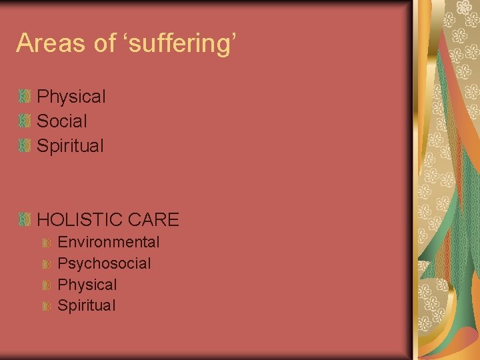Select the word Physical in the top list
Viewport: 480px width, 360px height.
tap(71, 97)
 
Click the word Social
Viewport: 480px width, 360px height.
tap(62, 121)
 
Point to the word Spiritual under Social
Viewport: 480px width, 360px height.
tap(71, 146)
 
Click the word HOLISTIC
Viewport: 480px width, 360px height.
tap(80, 219)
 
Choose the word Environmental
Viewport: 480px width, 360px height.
tap(109, 242)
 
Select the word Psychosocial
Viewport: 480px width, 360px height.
tap(105, 263)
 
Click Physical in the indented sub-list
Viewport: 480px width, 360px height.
tap(87, 285)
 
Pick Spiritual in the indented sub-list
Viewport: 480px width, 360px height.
tap(87, 306)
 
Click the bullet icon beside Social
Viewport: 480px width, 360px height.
tap(25, 121)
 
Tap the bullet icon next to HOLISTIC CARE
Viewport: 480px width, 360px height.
tap(25, 219)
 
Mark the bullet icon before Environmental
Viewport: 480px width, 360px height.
tap(46, 243)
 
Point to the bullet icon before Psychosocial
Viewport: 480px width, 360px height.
tap(46, 264)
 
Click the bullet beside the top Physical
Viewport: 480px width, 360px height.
tap(25, 97)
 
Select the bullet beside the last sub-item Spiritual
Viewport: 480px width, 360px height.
tap(46, 307)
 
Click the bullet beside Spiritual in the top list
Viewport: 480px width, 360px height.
tap(25, 145)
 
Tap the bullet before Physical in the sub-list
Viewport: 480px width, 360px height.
tap(46, 285)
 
